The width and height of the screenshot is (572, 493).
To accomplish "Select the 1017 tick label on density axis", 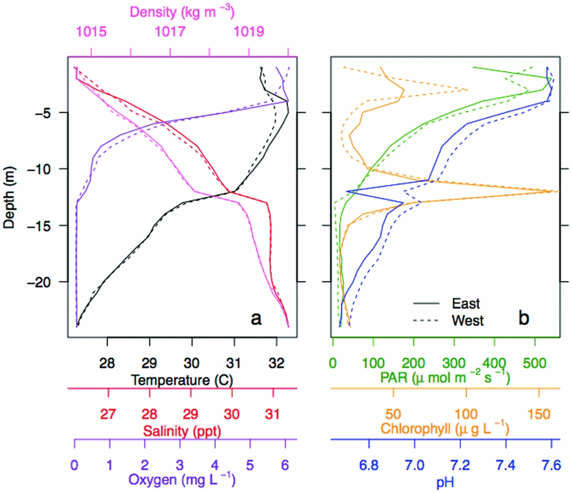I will click(x=170, y=32).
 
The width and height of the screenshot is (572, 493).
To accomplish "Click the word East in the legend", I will click(x=466, y=303).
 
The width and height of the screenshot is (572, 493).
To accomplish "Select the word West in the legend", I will click(x=468, y=320).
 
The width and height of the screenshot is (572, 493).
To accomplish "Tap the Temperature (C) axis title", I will click(x=182, y=380).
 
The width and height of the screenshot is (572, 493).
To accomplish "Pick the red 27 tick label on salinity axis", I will click(x=109, y=414).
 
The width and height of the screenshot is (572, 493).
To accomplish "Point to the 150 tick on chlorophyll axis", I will click(x=539, y=414).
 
